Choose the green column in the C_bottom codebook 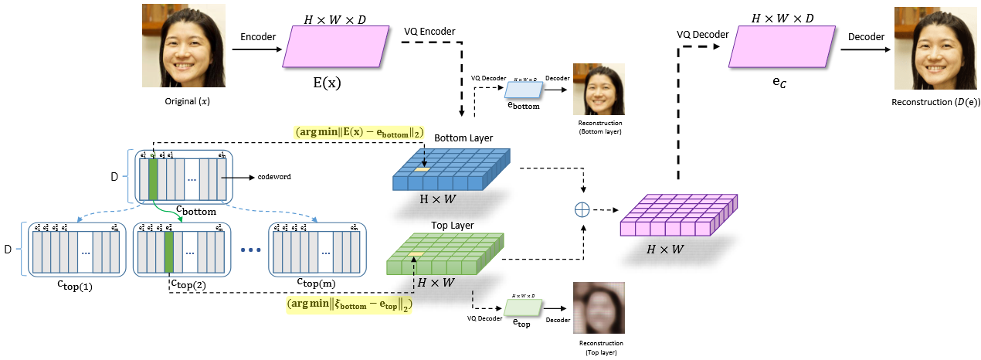coord(153,178)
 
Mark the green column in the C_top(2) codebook coord(169,250)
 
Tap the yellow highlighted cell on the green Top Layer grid coord(416,254)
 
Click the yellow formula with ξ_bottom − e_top coord(349,304)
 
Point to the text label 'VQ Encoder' coord(429,32)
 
